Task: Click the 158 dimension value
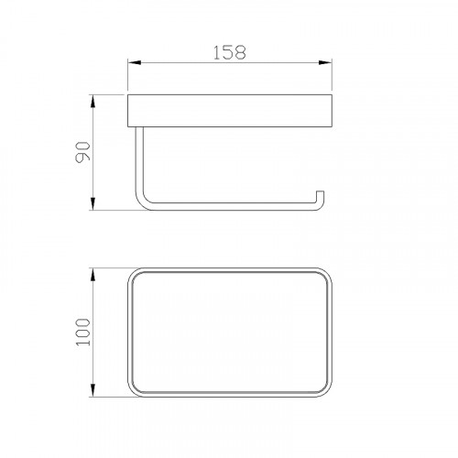coord(229,52)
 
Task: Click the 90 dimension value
coord(83,152)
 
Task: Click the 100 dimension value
coord(83,332)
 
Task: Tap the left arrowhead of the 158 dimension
coord(135,63)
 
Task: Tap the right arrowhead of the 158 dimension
coord(325,63)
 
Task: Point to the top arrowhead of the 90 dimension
coord(93,102)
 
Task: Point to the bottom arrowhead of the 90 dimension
coord(93,203)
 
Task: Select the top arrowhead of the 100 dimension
coord(93,275)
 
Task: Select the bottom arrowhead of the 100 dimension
coord(93,390)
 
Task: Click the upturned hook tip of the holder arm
coord(320,193)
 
